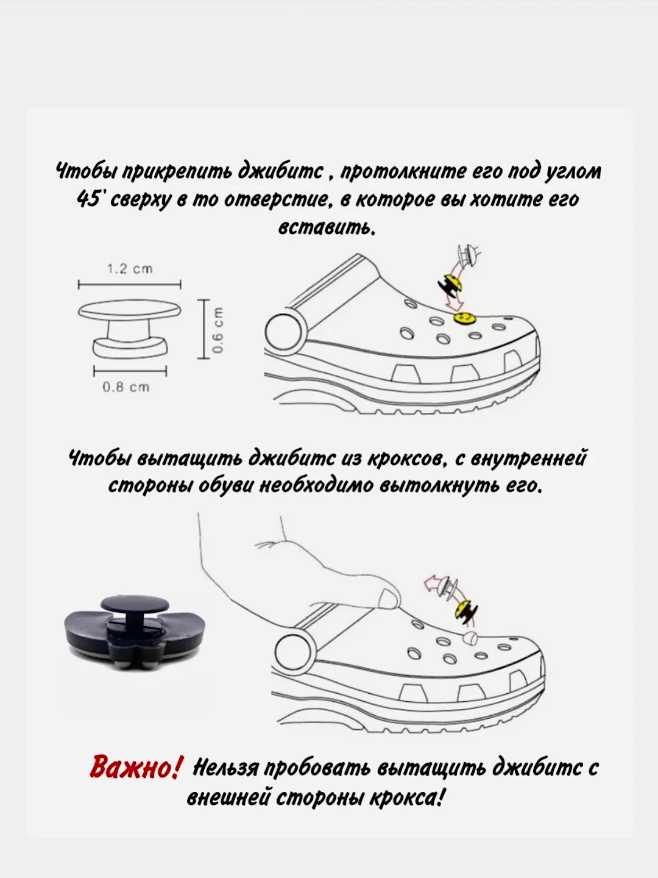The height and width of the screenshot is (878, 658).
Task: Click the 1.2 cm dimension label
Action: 130,269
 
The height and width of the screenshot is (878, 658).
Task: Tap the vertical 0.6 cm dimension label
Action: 218,330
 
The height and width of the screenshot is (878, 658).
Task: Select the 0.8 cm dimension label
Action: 126,387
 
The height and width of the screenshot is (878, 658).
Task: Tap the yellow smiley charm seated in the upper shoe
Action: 464,318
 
